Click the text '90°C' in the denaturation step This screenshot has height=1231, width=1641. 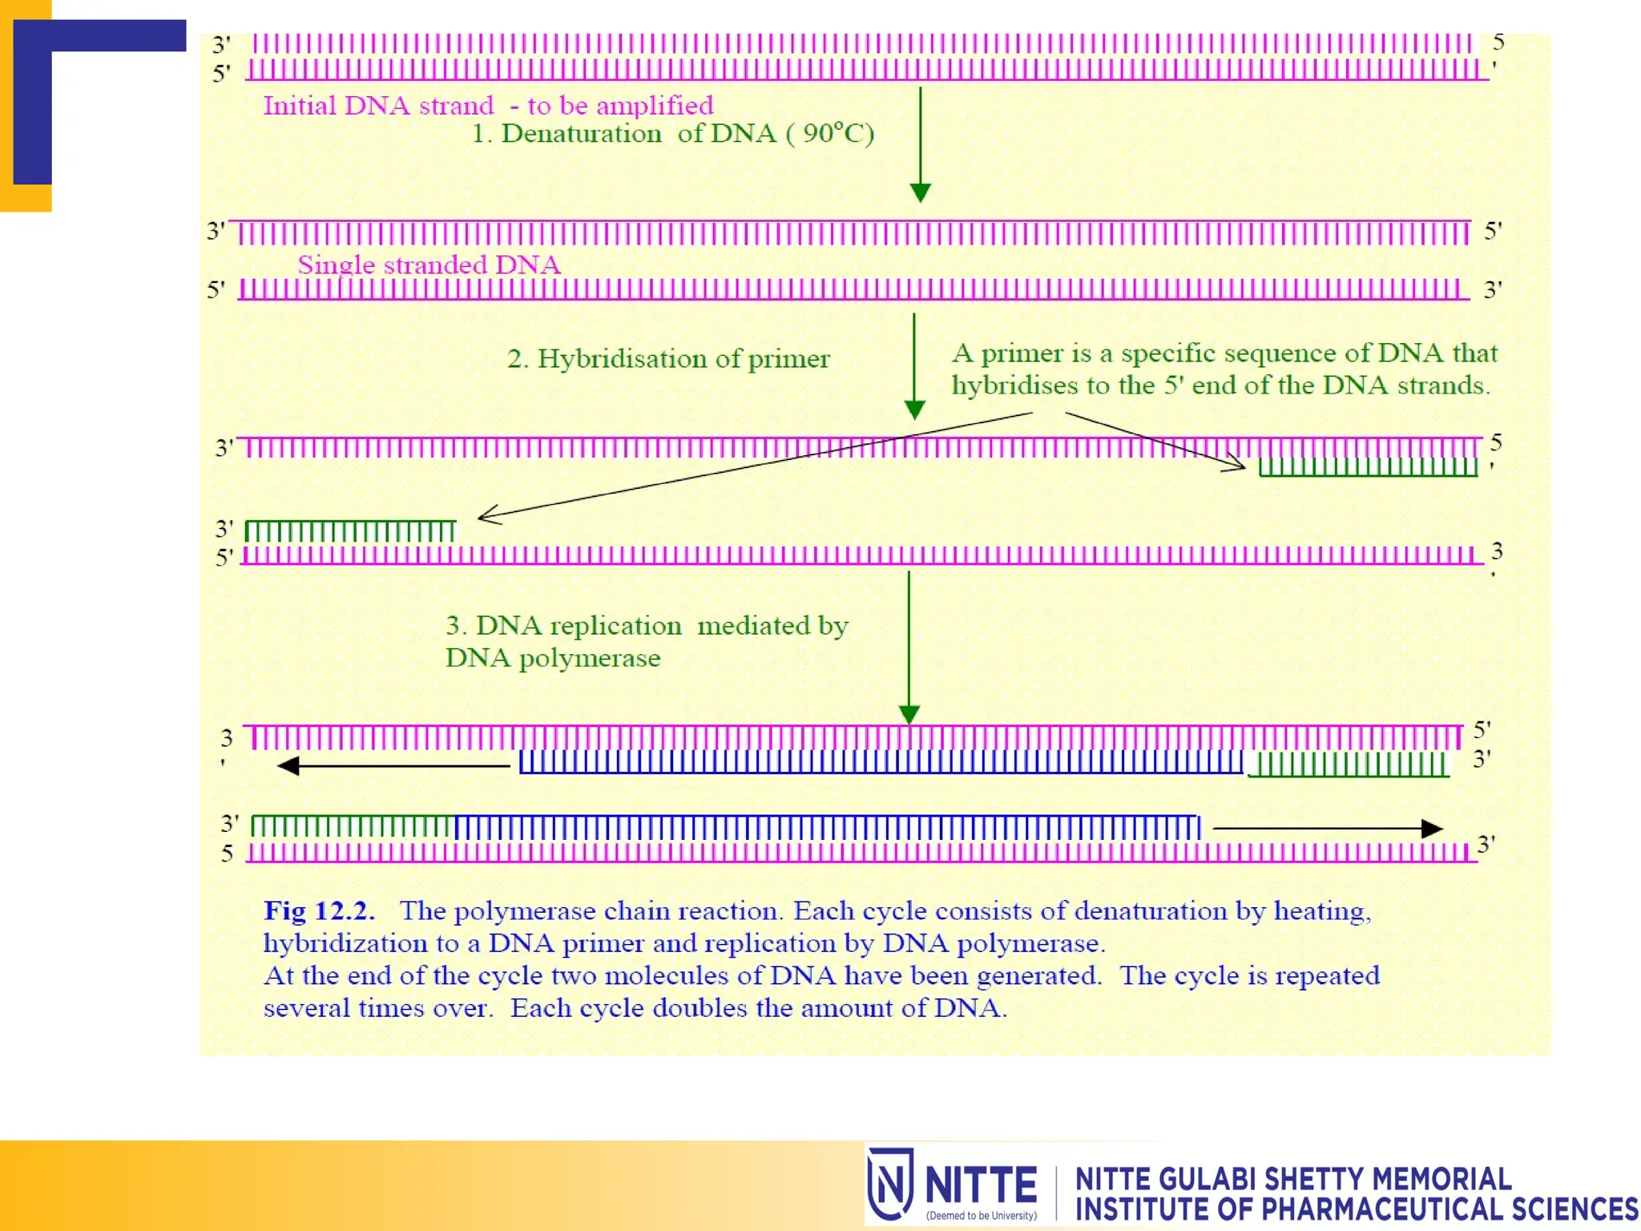[x=831, y=133]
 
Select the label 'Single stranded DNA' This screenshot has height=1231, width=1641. [x=429, y=265]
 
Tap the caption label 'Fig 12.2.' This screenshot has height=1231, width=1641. [x=319, y=911]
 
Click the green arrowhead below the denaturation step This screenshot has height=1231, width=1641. [x=920, y=192]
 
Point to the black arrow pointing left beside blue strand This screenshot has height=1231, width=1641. [x=393, y=766]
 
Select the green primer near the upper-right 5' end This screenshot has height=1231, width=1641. [x=1367, y=466]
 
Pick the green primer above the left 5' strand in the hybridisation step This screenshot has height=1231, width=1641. [x=349, y=530]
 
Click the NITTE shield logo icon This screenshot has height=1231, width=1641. [x=889, y=1184]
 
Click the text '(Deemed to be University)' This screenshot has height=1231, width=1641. [x=981, y=1216]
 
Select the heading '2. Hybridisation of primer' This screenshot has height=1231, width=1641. [x=668, y=359]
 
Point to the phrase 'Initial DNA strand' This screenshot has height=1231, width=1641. [x=378, y=106]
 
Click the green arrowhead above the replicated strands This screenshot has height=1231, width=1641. [x=909, y=714]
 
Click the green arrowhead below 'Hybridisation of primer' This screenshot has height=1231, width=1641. [x=913, y=410]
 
